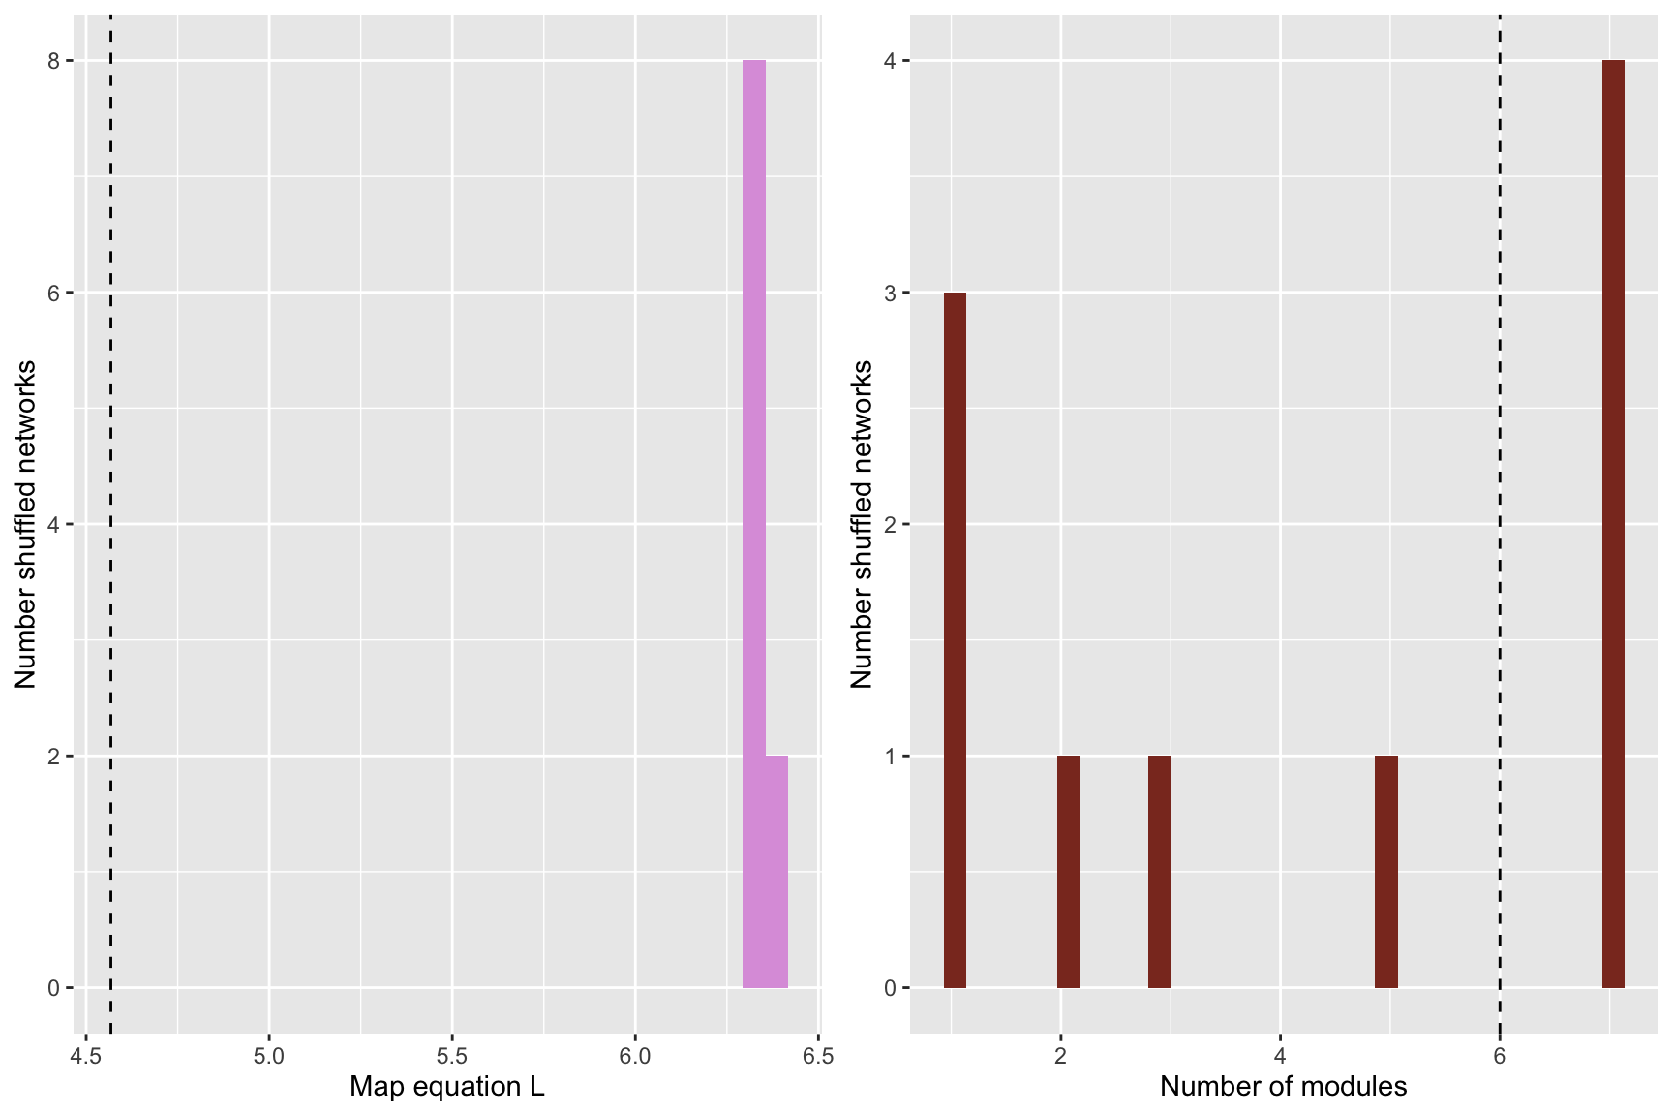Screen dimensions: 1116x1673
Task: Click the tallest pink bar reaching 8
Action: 753,523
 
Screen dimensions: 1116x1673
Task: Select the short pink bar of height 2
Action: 777,872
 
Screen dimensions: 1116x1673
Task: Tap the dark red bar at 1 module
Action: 955,639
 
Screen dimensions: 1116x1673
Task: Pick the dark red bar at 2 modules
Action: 1068,872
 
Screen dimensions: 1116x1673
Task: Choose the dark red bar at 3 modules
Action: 1159,872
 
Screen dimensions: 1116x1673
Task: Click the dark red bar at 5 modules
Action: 1385,872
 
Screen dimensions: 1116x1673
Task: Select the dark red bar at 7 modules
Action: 1613,523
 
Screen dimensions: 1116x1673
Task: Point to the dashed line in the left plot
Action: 110,523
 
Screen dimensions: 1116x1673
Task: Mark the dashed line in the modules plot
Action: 1500,523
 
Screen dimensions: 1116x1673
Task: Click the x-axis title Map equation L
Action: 446,1087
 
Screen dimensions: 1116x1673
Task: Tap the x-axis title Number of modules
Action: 1283,1087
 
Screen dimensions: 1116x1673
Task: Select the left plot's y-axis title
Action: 25,524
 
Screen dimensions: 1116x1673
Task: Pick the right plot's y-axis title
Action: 862,524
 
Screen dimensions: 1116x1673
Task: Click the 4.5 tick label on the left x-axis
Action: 86,1055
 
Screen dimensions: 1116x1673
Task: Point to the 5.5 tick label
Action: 452,1055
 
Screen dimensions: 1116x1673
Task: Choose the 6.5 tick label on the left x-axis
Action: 817,1055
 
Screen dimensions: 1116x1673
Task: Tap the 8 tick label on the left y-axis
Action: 54,61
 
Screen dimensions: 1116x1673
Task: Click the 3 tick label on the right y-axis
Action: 891,293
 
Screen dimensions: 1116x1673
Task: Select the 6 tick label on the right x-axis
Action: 1500,1055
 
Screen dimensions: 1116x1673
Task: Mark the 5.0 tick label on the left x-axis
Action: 269,1055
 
